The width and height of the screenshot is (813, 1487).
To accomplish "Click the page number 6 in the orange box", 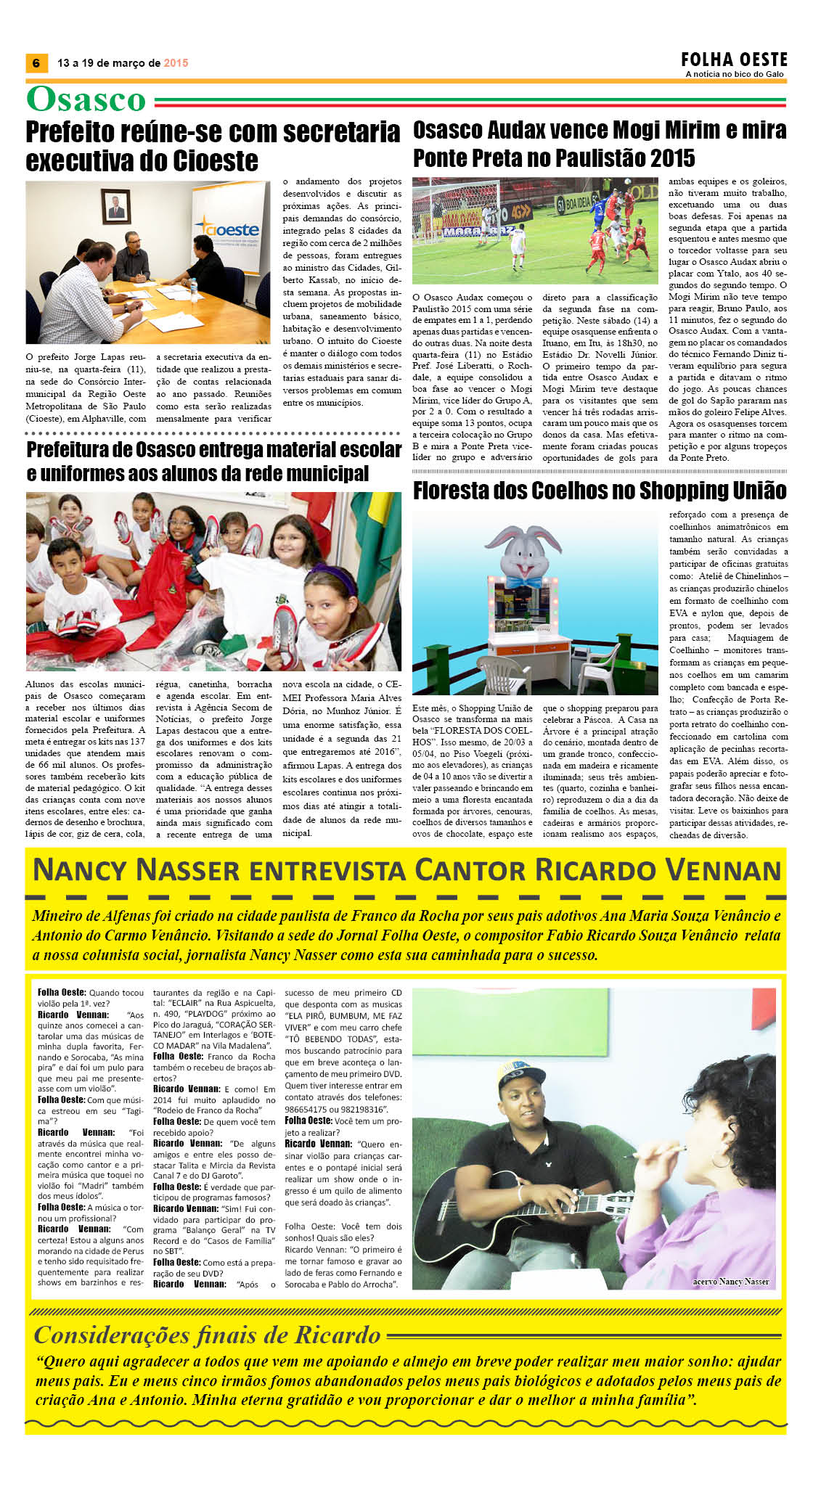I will click(36, 63).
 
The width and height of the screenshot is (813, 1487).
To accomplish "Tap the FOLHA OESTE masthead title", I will click(734, 60).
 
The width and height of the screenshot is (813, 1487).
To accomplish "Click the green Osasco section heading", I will click(86, 99).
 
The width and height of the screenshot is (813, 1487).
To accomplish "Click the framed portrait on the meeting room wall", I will click(115, 208).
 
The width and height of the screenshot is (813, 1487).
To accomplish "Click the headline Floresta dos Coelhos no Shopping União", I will click(600, 491).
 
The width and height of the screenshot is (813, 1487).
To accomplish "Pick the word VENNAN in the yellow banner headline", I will click(723, 870).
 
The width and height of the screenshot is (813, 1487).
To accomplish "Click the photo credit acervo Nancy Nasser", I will click(730, 1281).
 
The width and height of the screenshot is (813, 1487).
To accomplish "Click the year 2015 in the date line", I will click(176, 63).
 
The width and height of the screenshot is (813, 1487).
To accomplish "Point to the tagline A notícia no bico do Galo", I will click(734, 74).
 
